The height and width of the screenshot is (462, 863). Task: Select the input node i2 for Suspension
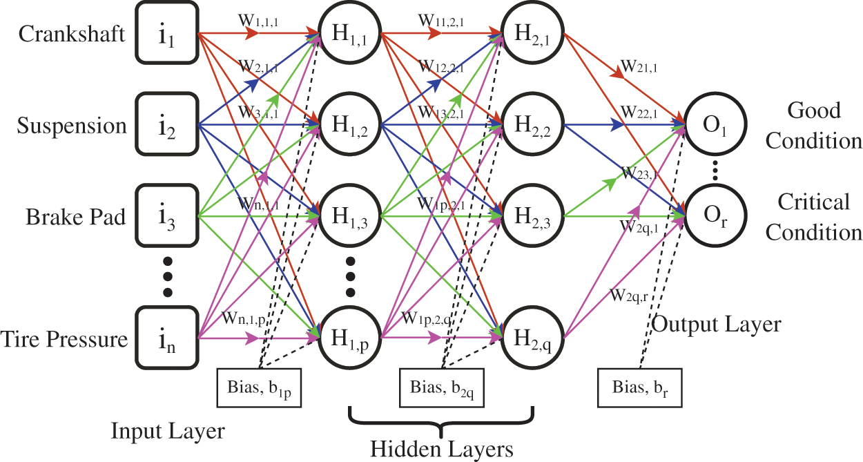pos(167,126)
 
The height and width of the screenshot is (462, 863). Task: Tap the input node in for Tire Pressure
pos(167,338)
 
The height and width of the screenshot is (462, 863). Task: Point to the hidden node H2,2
pos(532,126)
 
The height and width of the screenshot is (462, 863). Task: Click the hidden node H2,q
pos(532,338)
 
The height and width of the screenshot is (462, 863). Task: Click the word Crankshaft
pos(72,33)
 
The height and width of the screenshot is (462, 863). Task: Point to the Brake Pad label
pos(76,217)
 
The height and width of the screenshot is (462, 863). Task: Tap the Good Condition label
pos(814,126)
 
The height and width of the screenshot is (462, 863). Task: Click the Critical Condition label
pos(814,217)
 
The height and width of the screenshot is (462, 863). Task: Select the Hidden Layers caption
pos(442,449)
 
